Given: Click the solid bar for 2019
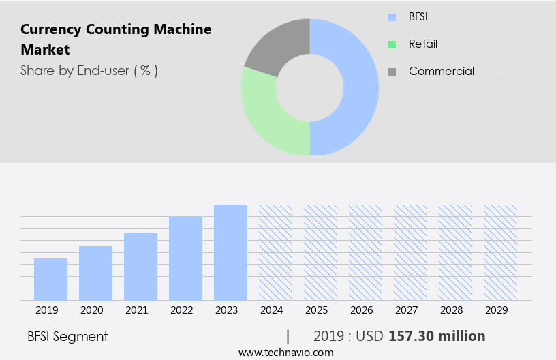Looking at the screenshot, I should point(50,279).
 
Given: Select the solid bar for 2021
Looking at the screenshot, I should point(140,267).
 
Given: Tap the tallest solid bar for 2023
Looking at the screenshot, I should point(230,252).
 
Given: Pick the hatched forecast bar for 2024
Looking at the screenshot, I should point(275,252).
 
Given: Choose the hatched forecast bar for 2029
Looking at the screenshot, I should point(500,252).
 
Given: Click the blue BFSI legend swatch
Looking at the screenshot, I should point(391,17).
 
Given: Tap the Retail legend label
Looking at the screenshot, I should point(422,44).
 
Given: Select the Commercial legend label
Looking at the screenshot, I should point(441,71).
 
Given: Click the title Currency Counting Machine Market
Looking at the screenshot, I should point(116,40).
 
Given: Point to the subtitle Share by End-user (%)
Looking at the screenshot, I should point(89,70).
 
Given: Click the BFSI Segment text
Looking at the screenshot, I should point(67,336).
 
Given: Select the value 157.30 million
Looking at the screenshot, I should point(436,336).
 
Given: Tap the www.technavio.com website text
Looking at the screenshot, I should point(285,352).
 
